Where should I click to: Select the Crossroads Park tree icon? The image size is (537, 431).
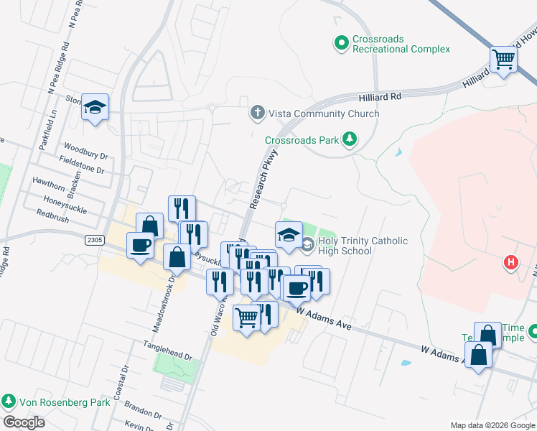[350, 139]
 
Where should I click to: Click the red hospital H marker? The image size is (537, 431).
[511, 263]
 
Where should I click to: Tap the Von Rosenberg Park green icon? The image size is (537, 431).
[9, 401]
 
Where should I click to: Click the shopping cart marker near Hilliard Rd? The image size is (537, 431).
[503, 60]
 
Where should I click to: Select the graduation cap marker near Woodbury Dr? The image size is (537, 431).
[95, 108]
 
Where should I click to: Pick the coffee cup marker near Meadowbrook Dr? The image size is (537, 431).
[140, 246]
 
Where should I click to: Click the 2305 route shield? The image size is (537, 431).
[95, 238]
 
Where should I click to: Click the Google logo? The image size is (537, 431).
[24, 422]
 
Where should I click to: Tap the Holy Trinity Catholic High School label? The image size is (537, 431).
[363, 246]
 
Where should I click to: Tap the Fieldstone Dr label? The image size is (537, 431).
[82, 164]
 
